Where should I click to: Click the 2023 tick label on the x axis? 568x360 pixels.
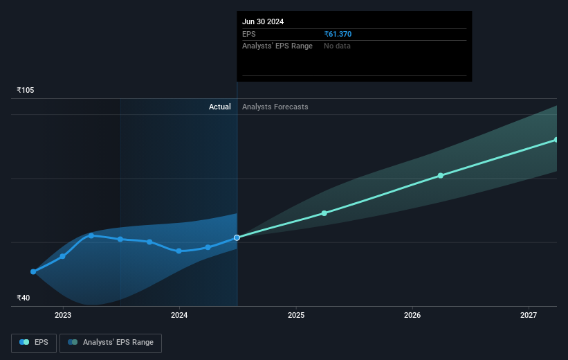tap(63, 316)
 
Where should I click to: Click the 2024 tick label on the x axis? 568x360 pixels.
tap(179, 316)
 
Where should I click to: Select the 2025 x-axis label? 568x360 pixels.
tap(296, 316)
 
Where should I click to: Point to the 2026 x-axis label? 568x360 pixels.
tap(412, 316)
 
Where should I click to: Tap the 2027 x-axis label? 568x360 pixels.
tap(529, 316)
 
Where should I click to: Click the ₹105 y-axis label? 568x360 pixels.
tap(26, 91)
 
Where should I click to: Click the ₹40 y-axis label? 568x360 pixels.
tap(24, 298)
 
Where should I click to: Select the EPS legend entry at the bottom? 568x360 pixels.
tap(34, 342)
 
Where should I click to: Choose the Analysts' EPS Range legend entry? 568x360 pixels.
tap(111, 342)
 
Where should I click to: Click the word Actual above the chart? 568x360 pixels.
tap(220, 107)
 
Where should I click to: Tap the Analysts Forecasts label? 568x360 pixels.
tap(275, 107)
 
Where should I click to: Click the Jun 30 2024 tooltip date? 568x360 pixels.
tap(263, 21)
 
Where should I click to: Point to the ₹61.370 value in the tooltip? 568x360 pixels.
tap(342, 34)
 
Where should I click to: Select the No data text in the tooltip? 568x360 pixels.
tap(338, 46)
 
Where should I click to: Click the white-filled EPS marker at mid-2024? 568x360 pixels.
tap(237, 237)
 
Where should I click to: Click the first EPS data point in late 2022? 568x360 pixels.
tap(33, 271)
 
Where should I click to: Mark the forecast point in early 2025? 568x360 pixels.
tap(324, 213)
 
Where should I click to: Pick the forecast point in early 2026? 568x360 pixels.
tap(441, 176)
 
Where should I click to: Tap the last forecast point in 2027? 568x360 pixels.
tap(556, 140)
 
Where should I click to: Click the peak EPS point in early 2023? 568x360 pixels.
tap(91, 235)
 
